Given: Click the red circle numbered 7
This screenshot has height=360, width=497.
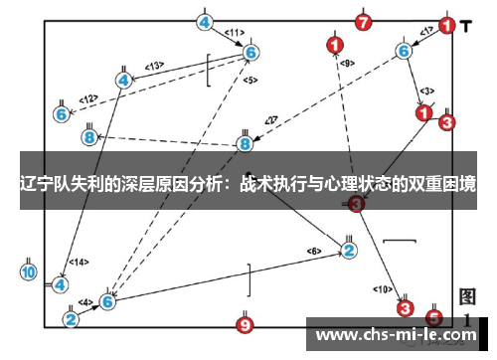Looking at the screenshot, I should pyautogui.click(x=364, y=21).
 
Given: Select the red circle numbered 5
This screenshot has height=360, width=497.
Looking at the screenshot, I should pyautogui.click(x=433, y=317).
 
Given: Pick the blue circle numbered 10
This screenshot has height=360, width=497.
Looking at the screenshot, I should pyautogui.click(x=29, y=271).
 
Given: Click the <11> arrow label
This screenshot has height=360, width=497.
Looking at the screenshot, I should pyautogui.click(x=235, y=33).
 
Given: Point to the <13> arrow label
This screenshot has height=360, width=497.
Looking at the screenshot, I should pyautogui.click(x=154, y=66).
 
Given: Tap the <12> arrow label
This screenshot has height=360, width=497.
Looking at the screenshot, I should pyautogui.click(x=88, y=98).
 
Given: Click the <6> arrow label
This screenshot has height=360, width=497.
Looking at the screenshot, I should pyautogui.click(x=314, y=250).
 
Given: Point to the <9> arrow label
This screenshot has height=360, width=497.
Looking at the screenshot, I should pyautogui.click(x=346, y=64).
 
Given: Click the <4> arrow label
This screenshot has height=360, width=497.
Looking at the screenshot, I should pyautogui.click(x=85, y=301).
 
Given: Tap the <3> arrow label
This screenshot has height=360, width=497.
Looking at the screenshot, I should pyautogui.click(x=425, y=90).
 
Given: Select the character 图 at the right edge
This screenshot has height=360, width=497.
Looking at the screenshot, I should pyautogui.click(x=467, y=295).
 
